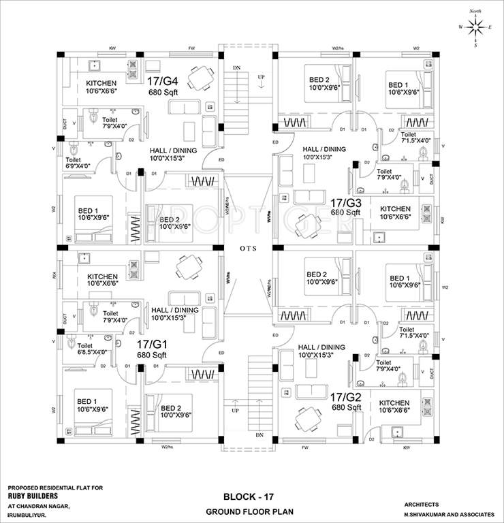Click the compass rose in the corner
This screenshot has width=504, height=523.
(475, 27)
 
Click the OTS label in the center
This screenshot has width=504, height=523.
(248, 249)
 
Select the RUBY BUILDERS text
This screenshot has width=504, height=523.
(35, 496)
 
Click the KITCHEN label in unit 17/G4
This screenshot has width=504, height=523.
(101, 84)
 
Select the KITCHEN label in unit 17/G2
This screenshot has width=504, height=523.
(394, 402)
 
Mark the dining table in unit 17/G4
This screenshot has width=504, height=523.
(200, 78)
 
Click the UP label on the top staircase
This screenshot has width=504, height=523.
(261, 77)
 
